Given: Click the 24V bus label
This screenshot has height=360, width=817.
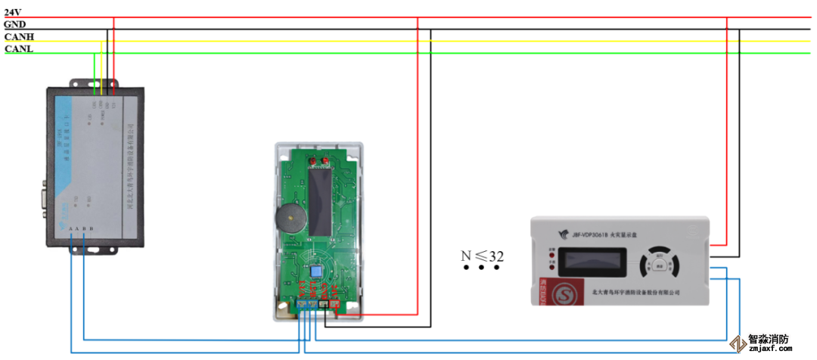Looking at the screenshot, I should [13, 12].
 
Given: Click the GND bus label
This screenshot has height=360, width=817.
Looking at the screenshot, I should [14, 24].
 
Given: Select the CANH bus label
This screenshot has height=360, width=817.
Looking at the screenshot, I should [19, 36].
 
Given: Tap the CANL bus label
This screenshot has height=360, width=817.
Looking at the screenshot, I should [19, 48].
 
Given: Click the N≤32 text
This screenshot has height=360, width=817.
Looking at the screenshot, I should [483, 255].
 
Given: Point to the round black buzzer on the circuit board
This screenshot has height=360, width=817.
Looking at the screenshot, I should [290, 220].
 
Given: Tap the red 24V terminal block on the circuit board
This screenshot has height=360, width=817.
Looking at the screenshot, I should [336, 306].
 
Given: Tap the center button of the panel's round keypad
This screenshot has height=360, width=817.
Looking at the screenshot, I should [660, 265].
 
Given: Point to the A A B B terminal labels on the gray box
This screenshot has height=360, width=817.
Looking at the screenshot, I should [80, 228].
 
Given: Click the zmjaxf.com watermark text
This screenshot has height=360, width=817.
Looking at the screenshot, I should [769, 349].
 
